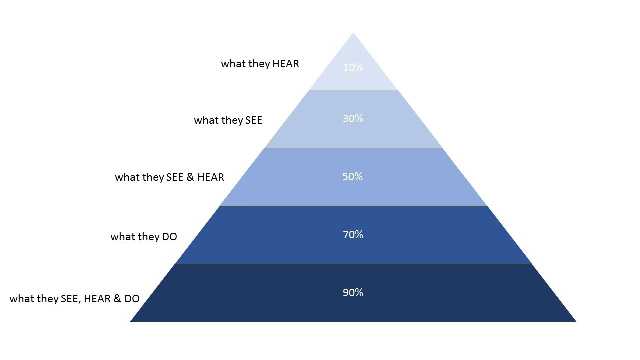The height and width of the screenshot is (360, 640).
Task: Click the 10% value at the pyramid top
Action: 353,68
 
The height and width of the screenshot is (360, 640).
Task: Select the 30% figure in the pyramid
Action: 353,119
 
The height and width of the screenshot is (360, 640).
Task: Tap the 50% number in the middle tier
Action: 353,177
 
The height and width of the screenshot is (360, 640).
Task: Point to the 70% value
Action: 353,235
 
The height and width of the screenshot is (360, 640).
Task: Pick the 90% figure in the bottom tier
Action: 353,293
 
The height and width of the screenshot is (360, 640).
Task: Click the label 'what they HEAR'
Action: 260,64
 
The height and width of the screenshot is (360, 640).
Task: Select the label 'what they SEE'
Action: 228,120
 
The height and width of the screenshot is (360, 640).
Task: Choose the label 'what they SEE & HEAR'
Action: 169,177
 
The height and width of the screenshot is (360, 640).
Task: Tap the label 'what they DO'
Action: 144,237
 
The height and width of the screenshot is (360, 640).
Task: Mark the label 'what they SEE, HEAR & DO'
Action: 75,299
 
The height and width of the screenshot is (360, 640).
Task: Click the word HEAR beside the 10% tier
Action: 286,64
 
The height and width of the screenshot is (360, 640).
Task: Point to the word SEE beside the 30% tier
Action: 253,120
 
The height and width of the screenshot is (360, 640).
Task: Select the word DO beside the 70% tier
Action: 169,237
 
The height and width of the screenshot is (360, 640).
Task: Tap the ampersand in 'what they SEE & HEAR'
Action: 190,177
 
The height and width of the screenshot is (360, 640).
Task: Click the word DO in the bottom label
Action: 132,299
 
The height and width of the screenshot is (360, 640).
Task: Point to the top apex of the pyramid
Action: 353,33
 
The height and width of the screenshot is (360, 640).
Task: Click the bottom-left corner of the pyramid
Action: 130,322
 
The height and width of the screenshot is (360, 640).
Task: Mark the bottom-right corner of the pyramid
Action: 576,322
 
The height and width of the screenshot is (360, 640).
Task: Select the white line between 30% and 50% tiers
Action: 353,148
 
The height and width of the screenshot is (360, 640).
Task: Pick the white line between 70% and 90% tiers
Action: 353,264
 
